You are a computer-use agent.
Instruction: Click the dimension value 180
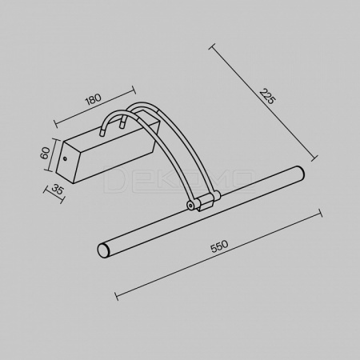pos(93,99)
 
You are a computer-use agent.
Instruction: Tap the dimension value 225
pos(267,96)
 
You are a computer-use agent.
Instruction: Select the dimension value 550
pos(219,246)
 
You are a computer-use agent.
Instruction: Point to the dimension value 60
pos(46,153)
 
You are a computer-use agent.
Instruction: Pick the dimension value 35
pos(58,190)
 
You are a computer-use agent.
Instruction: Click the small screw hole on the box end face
pos(65,159)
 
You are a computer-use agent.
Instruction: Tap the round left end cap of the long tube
pos(102,250)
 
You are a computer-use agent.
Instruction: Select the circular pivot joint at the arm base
pos(190,206)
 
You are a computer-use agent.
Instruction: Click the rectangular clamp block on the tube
pos(206,202)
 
